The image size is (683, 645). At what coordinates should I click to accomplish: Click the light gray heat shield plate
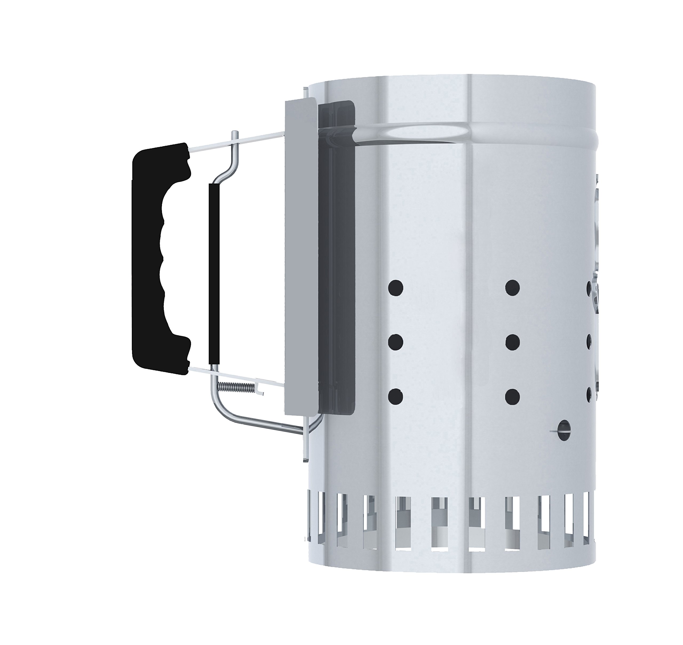[x=300, y=254]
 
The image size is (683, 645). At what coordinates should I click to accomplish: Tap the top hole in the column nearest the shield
[x=395, y=288]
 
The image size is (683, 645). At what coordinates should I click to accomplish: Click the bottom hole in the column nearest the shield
[x=395, y=396]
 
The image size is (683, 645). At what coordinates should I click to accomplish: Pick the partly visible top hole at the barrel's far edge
[x=589, y=288]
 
